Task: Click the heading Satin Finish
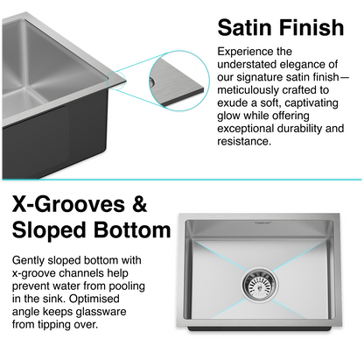click(x=280, y=27)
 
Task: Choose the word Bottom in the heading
click(x=132, y=231)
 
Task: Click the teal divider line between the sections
click(x=182, y=177)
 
